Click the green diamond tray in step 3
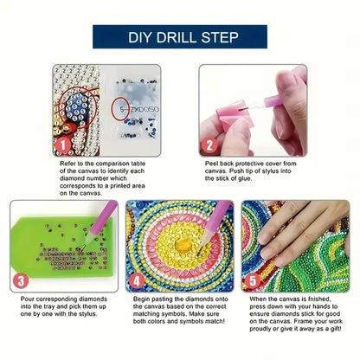(x=52, y=247)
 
